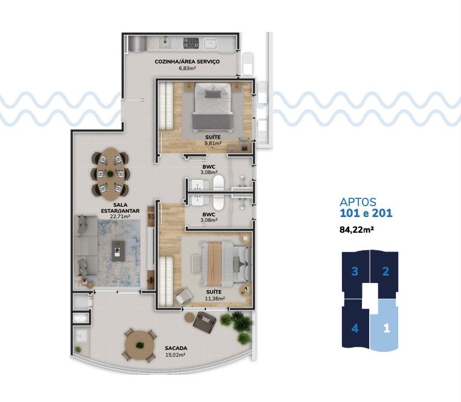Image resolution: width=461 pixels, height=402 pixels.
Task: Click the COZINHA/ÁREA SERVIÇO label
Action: (187, 62)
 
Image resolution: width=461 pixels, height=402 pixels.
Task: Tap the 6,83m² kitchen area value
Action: (187, 68)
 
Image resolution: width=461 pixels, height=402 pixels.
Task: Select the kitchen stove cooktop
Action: (192, 43)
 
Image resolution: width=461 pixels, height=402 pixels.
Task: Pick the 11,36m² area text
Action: (214, 298)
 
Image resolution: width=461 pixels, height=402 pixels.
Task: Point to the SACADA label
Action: (175, 348)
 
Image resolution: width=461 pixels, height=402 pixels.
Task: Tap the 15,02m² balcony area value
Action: (175, 355)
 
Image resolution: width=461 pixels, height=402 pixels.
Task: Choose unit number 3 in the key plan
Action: (355, 271)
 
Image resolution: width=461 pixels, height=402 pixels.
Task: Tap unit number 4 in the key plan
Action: (355, 328)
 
